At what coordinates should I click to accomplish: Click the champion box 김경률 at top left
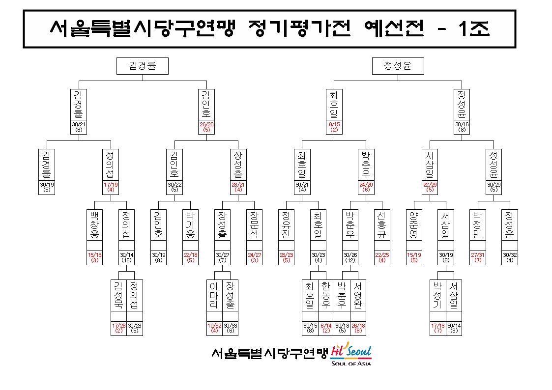142,66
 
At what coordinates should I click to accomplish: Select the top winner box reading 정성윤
398,66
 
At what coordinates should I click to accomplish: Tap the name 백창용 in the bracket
94,224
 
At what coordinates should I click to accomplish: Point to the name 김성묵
118,295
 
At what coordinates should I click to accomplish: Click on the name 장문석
254,224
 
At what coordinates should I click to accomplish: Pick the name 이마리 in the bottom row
214,295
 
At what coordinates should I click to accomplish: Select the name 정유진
286,224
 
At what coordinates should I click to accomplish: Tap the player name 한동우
326,295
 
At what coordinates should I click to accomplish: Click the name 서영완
358,295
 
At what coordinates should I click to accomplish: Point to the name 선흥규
382,224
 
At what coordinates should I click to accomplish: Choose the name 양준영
414,224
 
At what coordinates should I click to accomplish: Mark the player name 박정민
478,224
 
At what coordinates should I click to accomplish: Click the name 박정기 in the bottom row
437,295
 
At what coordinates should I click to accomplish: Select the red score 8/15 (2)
334,127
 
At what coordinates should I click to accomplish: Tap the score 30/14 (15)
126,258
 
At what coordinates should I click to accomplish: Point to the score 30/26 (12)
350,258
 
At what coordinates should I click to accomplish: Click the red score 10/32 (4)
214,328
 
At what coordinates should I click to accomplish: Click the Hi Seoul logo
351,354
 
